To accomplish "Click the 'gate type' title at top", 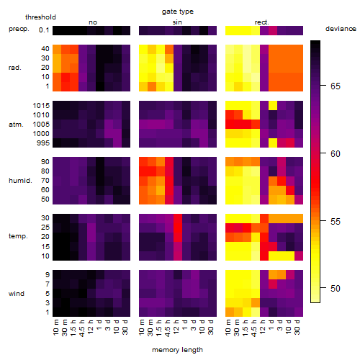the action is [178, 12].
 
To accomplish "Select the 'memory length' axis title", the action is [178, 350].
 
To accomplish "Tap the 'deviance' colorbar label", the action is [341, 29].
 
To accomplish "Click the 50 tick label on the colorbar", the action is [336, 288].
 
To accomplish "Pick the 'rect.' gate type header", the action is [262, 22].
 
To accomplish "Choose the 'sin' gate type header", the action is [177, 22].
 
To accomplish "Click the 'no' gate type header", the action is [93, 22].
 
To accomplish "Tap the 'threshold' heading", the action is [40, 17].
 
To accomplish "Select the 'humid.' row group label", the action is [20, 181].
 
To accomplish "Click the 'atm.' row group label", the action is [16, 125].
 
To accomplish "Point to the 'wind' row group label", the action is [17, 294].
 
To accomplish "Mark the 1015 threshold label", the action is [41, 106].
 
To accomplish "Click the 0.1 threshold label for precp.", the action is [44, 30].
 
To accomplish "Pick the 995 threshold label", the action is [43, 143].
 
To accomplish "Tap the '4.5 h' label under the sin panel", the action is [168, 328].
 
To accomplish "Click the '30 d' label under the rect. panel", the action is [297, 328].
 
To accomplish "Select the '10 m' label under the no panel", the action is [56, 328].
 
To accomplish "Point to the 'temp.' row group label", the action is [18, 236].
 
